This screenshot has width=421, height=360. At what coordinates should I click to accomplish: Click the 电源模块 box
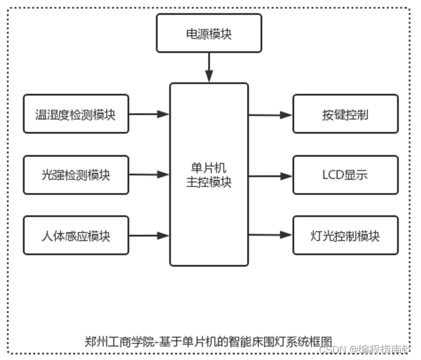tap(209, 33)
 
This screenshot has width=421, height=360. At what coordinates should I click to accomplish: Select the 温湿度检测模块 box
tap(76, 114)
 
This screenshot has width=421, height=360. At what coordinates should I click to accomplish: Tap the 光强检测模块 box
tap(76, 175)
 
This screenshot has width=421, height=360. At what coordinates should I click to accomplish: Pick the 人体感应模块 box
tap(76, 235)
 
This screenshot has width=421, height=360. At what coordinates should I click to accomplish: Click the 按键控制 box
tap(345, 114)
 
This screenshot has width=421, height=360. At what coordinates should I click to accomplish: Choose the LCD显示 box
tap(345, 175)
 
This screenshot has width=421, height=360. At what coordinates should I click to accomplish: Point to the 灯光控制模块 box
tap(345, 235)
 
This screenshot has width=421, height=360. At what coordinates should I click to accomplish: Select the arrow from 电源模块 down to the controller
tap(209, 68)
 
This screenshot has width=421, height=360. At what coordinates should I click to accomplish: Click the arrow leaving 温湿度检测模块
tap(149, 114)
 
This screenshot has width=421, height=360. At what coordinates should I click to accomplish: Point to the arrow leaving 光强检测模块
tap(149, 175)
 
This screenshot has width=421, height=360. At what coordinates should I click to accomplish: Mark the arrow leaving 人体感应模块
tap(149, 235)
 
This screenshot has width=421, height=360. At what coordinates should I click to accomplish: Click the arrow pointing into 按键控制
tap(270, 115)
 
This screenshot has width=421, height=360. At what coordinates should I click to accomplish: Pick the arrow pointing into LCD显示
tap(270, 176)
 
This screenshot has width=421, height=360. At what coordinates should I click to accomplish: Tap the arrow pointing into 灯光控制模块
tap(270, 235)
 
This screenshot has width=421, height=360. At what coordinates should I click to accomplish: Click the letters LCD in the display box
tap(333, 175)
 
